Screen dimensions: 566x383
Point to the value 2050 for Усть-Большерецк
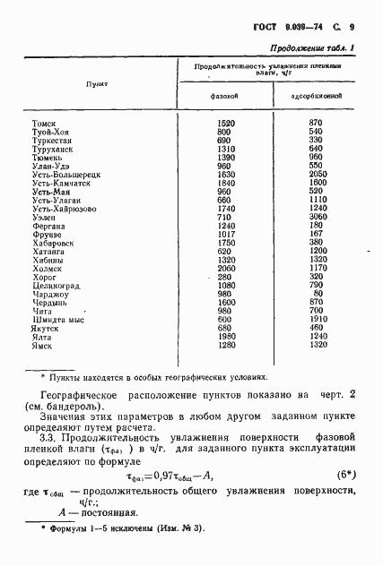coord(315,174)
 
